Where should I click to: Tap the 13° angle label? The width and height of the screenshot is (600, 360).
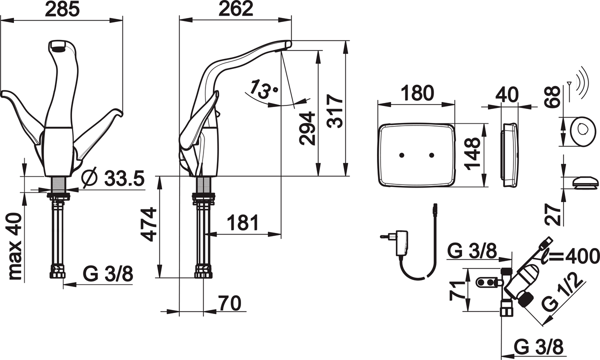point(264,89)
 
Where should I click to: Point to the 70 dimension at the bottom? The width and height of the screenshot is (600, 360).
point(228,303)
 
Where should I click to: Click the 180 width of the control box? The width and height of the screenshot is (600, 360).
point(415,93)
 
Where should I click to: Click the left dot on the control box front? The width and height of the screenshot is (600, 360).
point(401,156)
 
